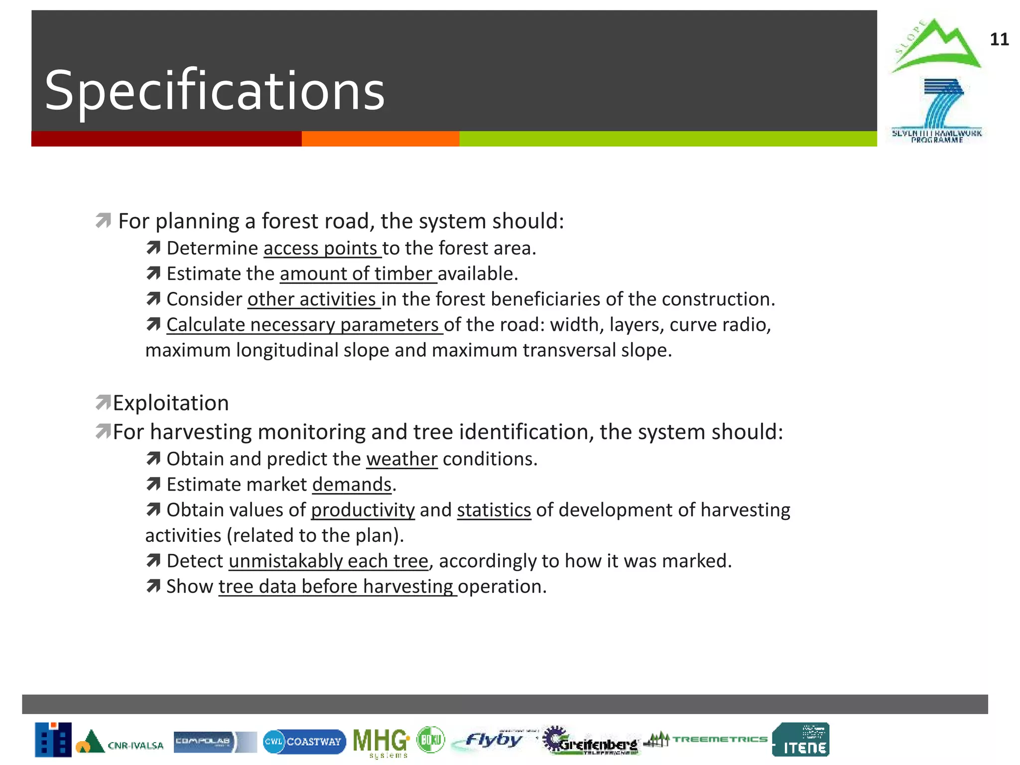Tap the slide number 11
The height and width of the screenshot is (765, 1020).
click(999, 39)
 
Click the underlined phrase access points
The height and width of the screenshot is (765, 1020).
click(322, 248)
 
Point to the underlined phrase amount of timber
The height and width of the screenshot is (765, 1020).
click(358, 273)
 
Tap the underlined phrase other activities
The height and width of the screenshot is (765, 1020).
click(313, 299)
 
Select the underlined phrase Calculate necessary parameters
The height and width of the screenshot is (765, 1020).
click(304, 325)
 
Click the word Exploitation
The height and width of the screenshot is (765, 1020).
click(171, 403)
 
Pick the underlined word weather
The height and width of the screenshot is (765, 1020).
click(401, 459)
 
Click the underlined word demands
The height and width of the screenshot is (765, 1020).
click(352, 485)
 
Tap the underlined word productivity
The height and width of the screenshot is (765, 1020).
click(363, 510)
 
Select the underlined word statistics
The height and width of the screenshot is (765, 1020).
click(494, 510)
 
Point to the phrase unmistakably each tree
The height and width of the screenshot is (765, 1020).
click(328, 561)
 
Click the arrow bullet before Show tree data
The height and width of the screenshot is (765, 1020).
click(153, 586)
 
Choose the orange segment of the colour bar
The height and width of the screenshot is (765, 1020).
click(380, 139)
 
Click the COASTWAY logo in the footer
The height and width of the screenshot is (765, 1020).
click(304, 742)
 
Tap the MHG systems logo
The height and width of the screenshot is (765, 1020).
click(381, 742)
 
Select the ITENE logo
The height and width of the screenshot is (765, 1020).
click(800, 740)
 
